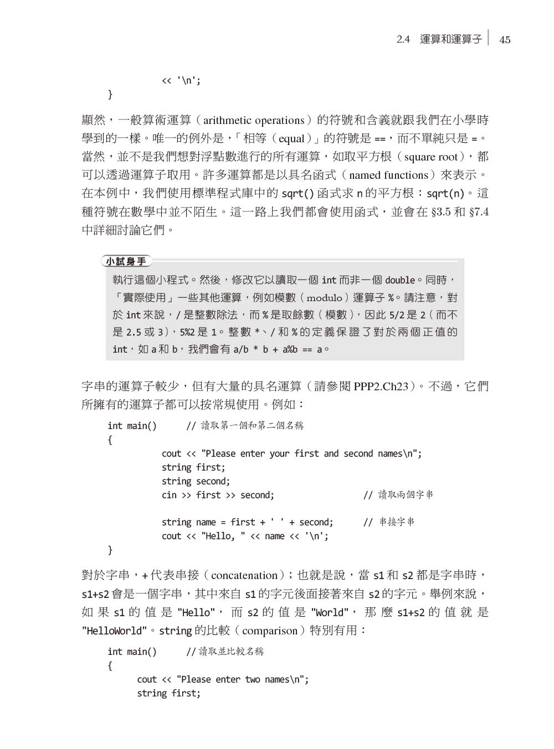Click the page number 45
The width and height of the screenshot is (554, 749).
[x=505, y=40]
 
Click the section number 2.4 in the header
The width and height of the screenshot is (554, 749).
[x=403, y=40]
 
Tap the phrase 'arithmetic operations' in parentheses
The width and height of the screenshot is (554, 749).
[x=254, y=121]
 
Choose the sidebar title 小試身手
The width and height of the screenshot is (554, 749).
[x=126, y=261]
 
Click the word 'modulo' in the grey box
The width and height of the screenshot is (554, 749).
[x=324, y=298]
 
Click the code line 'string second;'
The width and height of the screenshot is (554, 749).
[x=196, y=481]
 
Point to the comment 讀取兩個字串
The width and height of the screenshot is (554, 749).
[x=406, y=495]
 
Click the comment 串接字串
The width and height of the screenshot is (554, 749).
[x=396, y=522]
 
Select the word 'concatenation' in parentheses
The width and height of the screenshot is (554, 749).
[x=244, y=576]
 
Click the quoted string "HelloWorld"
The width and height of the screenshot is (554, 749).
[x=115, y=631]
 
